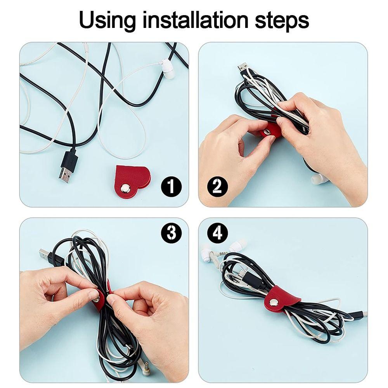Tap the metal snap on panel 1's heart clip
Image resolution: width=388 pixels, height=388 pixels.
coord(125,189)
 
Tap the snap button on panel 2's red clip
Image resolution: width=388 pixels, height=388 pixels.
coord(267,133)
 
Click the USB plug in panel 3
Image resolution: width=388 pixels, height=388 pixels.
coord(46,256)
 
